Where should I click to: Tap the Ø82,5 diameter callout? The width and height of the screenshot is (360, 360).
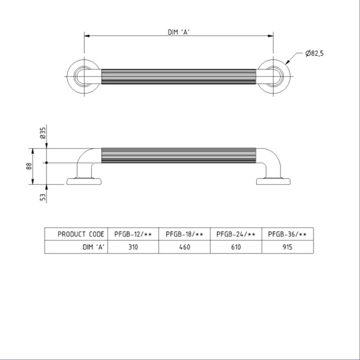314,53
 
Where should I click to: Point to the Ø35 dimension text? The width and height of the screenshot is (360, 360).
43,133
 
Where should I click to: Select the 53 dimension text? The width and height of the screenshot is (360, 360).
43,197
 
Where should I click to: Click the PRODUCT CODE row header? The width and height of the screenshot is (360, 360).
81,234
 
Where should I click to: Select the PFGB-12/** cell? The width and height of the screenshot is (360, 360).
133,234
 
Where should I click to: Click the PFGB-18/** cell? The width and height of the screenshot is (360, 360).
184,234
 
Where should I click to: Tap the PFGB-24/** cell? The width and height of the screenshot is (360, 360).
236,234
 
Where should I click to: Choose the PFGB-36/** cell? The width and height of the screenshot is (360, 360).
288,234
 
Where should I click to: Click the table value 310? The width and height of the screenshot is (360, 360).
133,247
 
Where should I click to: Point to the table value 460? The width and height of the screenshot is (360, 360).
184,247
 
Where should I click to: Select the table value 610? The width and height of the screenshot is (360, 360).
236,247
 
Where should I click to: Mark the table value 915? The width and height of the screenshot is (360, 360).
288,247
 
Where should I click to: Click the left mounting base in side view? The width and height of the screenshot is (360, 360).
84,181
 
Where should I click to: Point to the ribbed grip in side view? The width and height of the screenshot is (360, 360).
179,155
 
